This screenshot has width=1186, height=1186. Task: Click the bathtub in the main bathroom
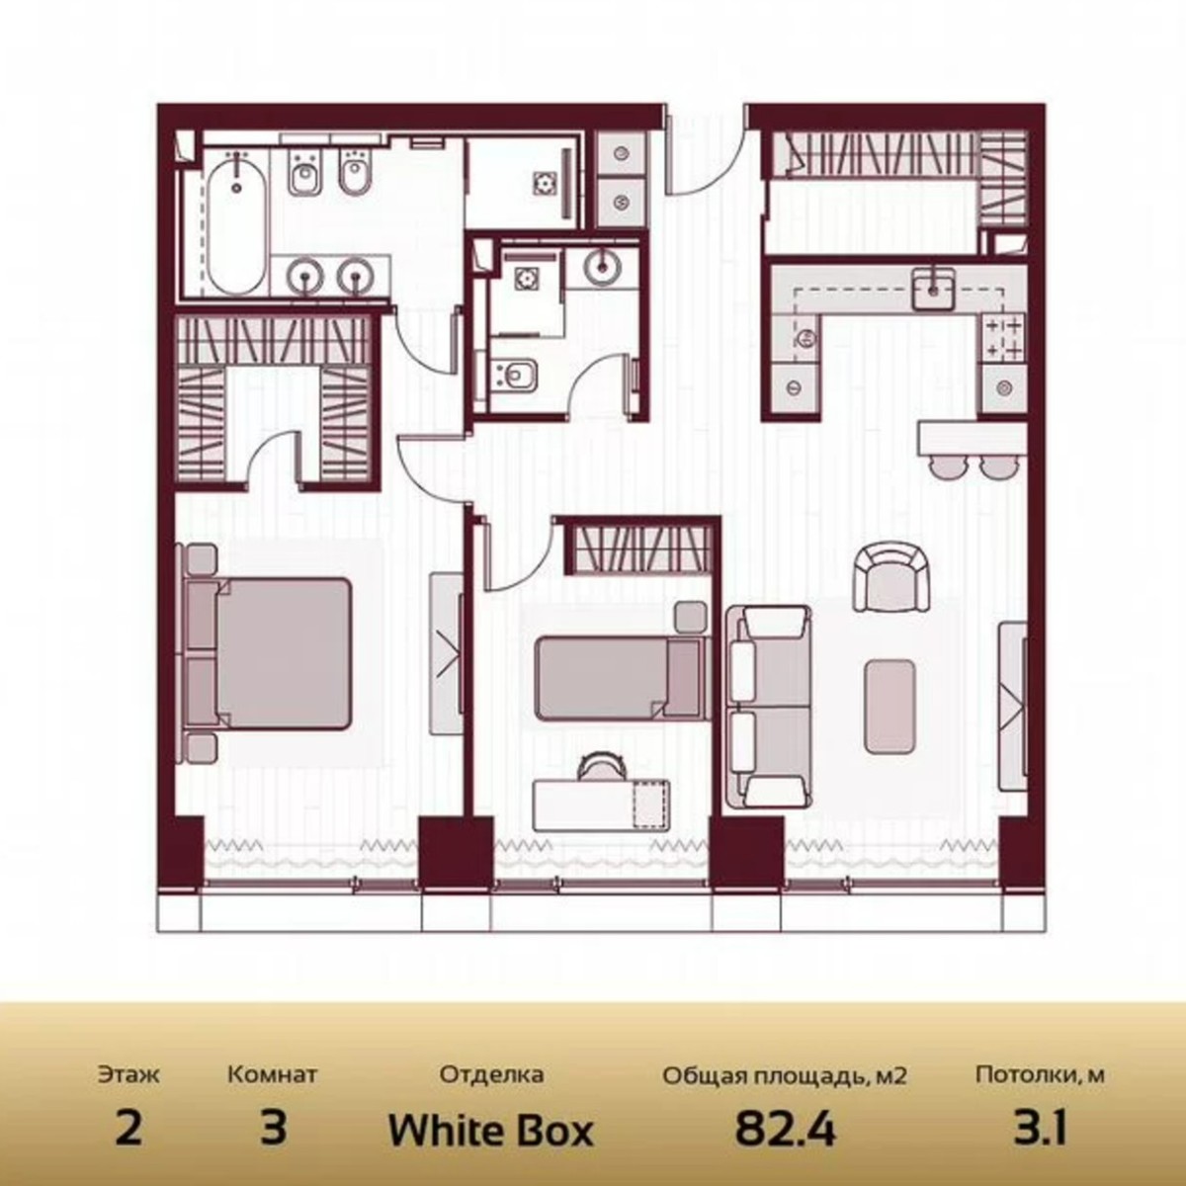pos(236,226)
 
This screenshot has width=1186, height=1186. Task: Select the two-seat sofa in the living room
pos(768,706)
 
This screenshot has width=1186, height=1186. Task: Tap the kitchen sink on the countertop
pos(931,289)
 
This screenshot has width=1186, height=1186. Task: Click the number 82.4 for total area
pos(785,1129)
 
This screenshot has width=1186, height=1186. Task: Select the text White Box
pos(490,1129)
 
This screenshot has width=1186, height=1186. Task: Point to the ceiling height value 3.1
pos(1040,1129)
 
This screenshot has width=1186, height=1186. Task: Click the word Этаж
pos(128,1073)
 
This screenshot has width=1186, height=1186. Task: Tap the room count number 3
pos(273,1129)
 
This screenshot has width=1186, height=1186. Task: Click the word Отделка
pos(491,1074)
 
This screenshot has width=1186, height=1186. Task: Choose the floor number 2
pos(128,1129)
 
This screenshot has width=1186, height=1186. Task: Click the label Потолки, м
pos(1040,1074)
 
